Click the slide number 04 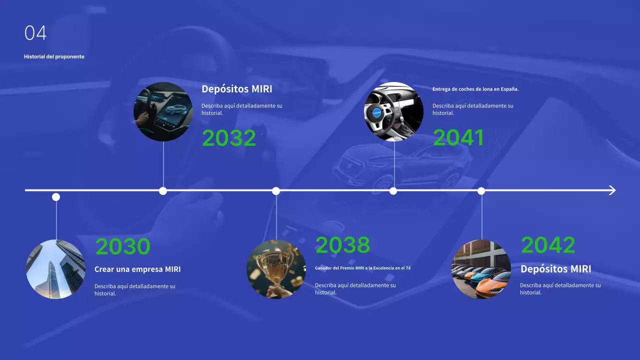point(35,33)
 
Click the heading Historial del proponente point(54,56)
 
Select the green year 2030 point(122,246)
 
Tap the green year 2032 point(229,138)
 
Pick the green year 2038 point(342,245)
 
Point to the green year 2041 point(458,138)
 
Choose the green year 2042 point(548,245)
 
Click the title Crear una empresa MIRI point(137,269)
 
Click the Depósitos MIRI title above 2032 point(237,89)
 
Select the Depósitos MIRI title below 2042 point(555,269)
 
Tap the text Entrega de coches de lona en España point(475,89)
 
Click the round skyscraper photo point(56,269)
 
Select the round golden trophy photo point(276,269)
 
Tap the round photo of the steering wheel point(393,111)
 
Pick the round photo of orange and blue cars point(481,269)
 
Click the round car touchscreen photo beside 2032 point(163,111)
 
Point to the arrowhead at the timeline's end point(612,190)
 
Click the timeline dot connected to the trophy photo point(276,190)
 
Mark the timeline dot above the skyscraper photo point(56,197)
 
